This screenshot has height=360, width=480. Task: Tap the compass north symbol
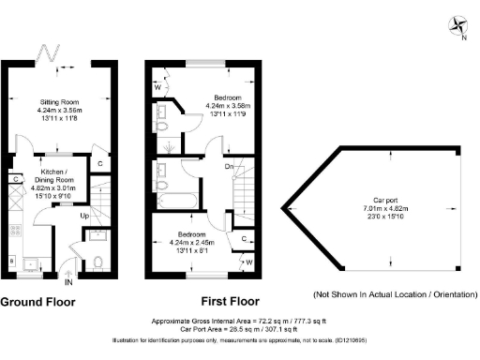[x=457, y=25]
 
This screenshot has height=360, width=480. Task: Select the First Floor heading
[x=230, y=302]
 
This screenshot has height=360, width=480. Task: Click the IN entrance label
[x=68, y=280]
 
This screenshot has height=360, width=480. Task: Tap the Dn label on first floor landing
[x=229, y=168]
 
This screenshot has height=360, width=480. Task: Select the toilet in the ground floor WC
[x=97, y=262]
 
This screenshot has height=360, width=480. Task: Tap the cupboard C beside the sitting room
[x=100, y=162]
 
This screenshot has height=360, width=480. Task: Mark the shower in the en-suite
[x=166, y=147]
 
